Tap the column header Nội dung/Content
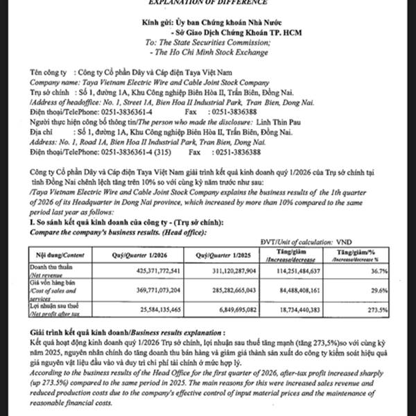(x=52, y=254)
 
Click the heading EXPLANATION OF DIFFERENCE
(x=207, y=3)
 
